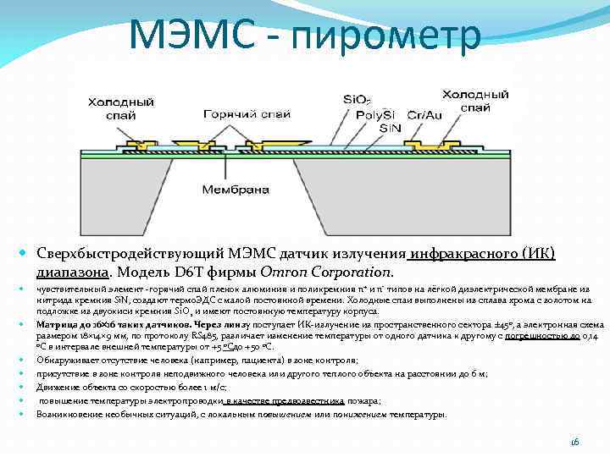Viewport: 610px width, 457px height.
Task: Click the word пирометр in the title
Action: (x=397, y=35)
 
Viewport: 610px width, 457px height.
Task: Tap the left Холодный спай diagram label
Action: (x=120, y=107)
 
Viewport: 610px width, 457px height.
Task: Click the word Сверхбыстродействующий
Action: (x=130, y=256)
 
